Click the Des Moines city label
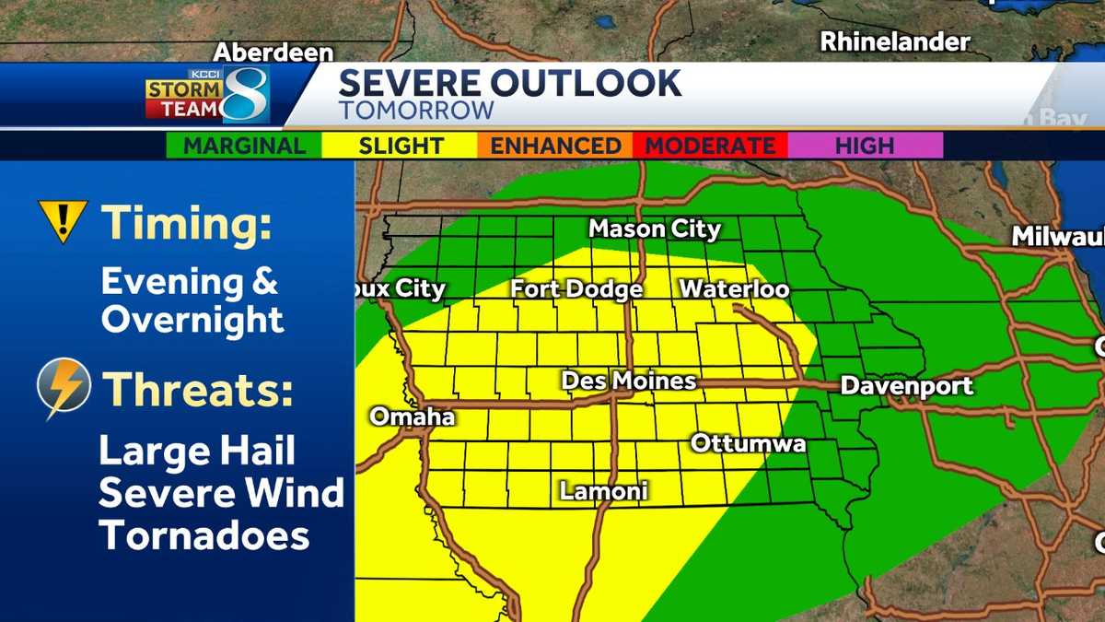[629, 381]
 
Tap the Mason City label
[655, 229]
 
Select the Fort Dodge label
[576, 289]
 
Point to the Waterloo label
[734, 289]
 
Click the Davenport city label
[906, 385]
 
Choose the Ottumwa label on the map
[748, 444]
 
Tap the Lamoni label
[603, 491]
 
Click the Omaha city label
[413, 417]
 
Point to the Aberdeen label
[273, 53]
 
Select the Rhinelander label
[895, 41]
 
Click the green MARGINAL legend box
[244, 146]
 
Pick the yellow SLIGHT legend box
[400, 146]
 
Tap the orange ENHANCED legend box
[554, 146]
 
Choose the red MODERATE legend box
[709, 146]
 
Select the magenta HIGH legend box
[865, 146]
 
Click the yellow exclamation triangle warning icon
[63, 220]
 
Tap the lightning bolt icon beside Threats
[64, 387]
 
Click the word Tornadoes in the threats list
[204, 535]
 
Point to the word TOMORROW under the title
[416, 111]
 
